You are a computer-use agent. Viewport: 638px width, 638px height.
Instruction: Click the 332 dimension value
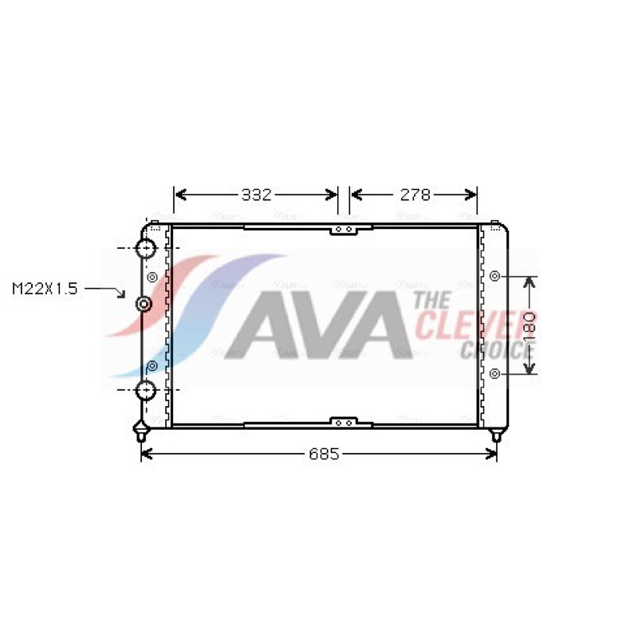pos(256,195)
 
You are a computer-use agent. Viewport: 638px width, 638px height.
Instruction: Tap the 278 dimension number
pos(415,195)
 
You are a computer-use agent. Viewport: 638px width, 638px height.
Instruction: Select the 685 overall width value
pos(324,454)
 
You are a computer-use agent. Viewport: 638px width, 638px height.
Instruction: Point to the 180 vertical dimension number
pos(529,325)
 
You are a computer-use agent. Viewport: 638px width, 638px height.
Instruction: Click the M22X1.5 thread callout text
pos(45,289)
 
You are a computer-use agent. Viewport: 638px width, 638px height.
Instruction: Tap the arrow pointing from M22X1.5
pos(105,292)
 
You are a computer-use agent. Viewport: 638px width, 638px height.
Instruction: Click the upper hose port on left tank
pos(146,248)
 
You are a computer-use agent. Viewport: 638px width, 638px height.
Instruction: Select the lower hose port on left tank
pos(146,390)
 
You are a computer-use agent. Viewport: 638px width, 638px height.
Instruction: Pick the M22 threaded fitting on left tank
pos(144,304)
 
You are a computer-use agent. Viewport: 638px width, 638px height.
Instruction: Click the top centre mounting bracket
pos(344,230)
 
